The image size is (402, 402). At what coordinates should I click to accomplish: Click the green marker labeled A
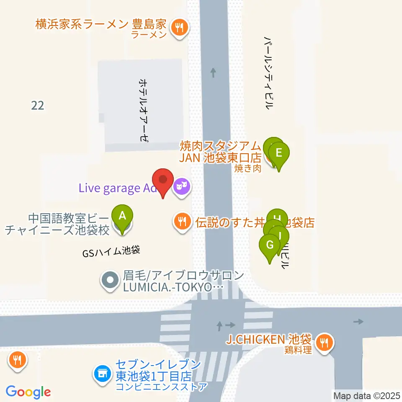122,216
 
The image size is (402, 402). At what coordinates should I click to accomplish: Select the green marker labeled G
270,244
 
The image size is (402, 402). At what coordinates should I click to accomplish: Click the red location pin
163,180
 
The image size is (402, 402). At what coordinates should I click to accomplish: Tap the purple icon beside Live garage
181,185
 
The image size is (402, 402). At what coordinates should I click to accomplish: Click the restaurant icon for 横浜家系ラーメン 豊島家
180,28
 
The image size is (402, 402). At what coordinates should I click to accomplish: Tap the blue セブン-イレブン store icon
102,371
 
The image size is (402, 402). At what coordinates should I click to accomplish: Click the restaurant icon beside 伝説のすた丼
181,221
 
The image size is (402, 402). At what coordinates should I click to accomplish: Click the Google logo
28,392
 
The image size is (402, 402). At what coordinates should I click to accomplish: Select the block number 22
37,105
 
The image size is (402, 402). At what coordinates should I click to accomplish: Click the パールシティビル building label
268,72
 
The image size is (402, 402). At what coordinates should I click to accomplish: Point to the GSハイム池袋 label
111,251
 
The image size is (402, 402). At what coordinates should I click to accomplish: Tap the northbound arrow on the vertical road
214,73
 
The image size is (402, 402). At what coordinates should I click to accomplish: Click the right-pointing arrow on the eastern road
358,322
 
